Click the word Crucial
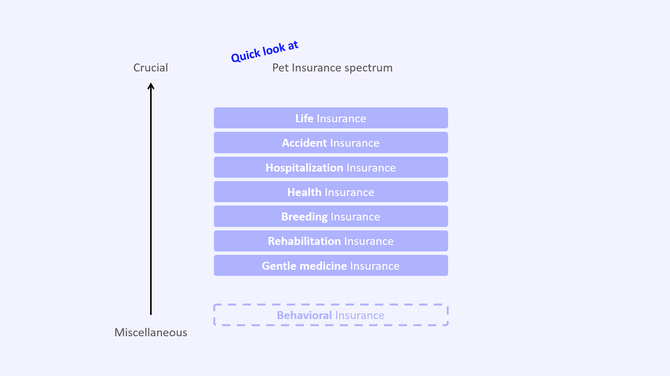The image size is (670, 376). click(151, 68)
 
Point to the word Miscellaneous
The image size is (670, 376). click(151, 332)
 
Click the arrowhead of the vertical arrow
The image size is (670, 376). click(151, 86)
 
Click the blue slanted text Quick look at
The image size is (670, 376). click(264, 52)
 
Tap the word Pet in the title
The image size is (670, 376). click(280, 68)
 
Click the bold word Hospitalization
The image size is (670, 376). click(304, 168)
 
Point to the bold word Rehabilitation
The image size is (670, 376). click(304, 241)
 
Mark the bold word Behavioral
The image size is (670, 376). click(304, 315)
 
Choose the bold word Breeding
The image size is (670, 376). click(304, 217)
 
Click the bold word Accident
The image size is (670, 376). click(304, 143)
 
